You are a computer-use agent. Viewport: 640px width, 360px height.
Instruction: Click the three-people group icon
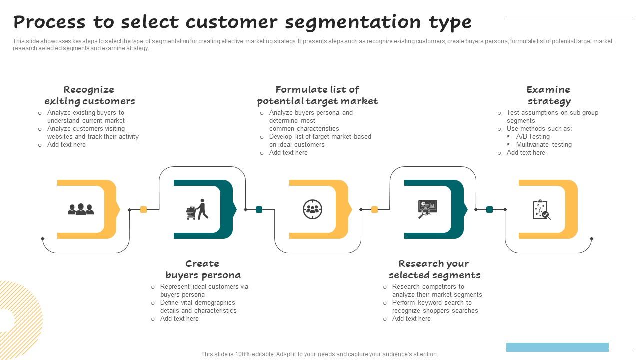tap(81, 209)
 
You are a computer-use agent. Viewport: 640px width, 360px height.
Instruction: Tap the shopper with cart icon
tap(197, 210)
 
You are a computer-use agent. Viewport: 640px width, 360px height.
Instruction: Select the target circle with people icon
tap(312, 209)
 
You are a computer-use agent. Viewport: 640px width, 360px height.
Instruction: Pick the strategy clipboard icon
tap(541, 210)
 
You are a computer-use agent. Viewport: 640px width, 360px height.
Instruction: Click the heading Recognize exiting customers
tap(89, 95)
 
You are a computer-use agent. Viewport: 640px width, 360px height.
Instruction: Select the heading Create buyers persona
tap(203, 269)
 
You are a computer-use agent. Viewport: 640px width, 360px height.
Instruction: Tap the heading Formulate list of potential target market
tap(317, 95)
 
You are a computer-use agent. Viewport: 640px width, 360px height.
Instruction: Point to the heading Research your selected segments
tap(434, 269)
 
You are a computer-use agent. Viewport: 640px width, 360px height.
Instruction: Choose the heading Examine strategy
tap(549, 95)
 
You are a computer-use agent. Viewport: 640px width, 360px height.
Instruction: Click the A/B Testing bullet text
tap(533, 136)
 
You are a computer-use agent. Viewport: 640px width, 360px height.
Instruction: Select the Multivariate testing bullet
tap(544, 144)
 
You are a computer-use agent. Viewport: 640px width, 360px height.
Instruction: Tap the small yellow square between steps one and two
tap(144, 210)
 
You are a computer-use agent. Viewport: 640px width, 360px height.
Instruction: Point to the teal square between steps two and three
tap(259, 210)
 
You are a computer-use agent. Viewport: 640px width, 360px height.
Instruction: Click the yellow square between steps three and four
tap(374, 210)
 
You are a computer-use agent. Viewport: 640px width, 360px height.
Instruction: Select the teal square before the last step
tap(489, 210)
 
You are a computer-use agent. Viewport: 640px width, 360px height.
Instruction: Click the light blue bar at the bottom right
tap(557, 347)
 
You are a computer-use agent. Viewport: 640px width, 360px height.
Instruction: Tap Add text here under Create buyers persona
tap(179, 318)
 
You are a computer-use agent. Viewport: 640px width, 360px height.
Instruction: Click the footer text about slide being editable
tap(319, 354)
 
